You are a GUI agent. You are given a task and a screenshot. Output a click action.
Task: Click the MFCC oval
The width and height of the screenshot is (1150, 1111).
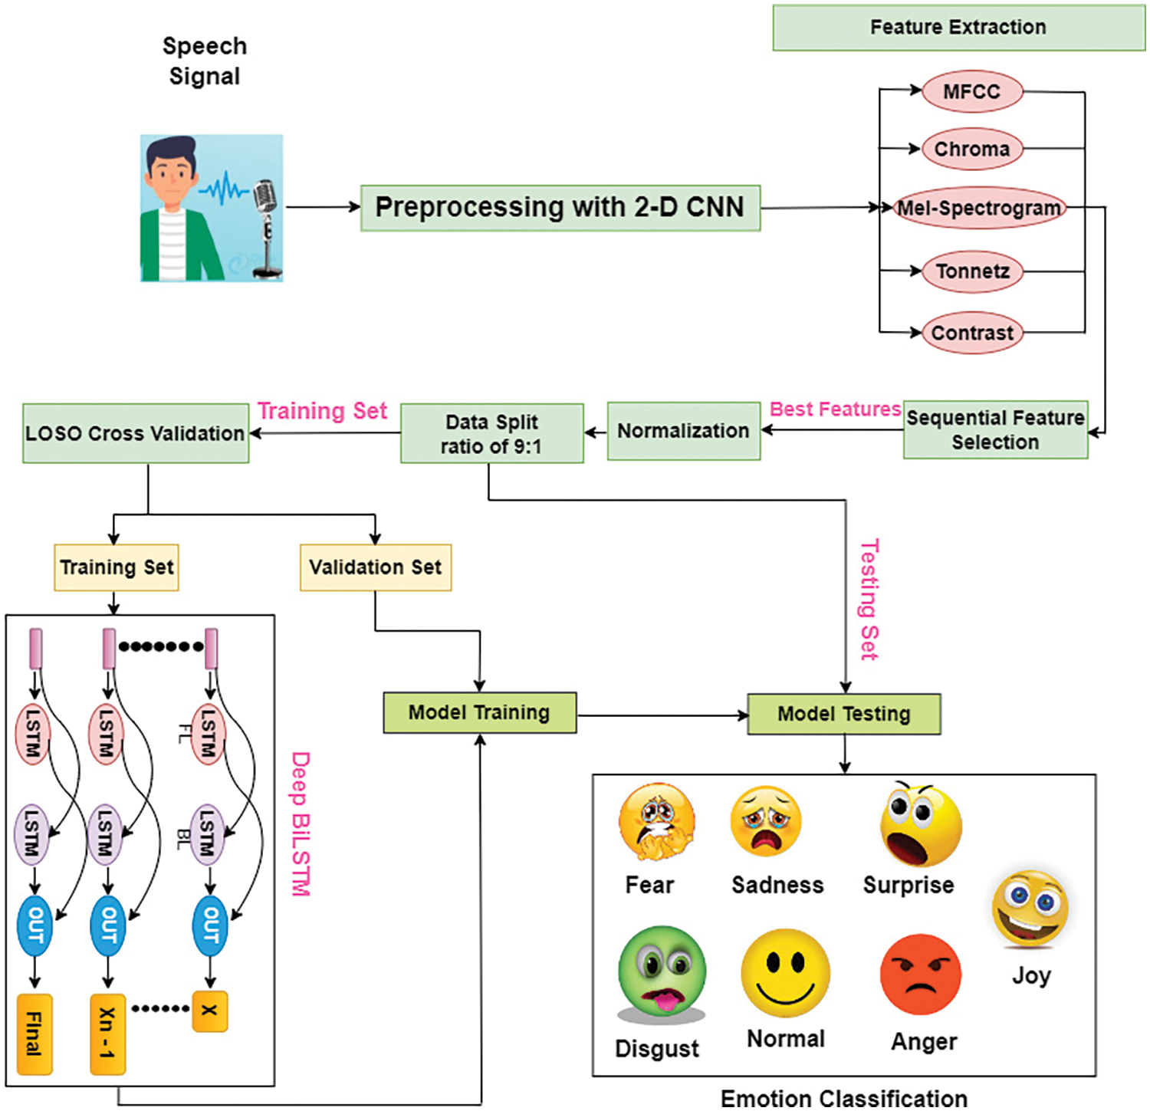pos(972,92)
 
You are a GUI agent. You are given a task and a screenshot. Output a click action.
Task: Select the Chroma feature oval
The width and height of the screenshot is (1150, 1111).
pos(972,149)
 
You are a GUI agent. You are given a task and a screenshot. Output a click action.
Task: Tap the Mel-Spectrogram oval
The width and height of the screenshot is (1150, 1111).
pos(980,208)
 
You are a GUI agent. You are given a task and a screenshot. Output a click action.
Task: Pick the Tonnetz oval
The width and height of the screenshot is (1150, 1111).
pos(972,271)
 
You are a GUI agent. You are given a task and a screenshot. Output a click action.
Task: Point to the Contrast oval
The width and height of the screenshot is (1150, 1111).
pos(972,333)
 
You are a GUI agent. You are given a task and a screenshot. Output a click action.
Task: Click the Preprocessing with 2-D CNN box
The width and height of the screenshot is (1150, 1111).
pos(560,208)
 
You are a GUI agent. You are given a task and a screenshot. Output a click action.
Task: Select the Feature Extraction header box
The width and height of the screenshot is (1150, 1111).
pos(958,28)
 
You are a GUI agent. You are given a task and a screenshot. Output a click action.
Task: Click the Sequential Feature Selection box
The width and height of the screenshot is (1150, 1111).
pos(995,430)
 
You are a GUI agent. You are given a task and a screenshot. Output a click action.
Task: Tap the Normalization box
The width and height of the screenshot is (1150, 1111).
pos(683,431)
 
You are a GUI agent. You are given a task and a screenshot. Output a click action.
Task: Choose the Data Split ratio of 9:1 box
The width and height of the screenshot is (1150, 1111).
pos(491,434)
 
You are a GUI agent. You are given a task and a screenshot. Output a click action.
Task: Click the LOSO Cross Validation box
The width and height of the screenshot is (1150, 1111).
pos(136,434)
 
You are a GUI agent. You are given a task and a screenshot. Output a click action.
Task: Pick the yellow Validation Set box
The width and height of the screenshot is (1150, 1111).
pos(375,567)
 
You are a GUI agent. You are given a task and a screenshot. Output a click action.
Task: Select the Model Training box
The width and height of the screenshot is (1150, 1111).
pos(479,713)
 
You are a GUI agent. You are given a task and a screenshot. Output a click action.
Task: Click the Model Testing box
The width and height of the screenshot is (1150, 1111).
pos(844,715)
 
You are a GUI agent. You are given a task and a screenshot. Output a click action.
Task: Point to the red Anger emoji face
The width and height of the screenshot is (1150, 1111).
pos(921,975)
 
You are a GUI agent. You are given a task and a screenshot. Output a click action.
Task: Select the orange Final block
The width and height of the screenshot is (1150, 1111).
pos(34,1034)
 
